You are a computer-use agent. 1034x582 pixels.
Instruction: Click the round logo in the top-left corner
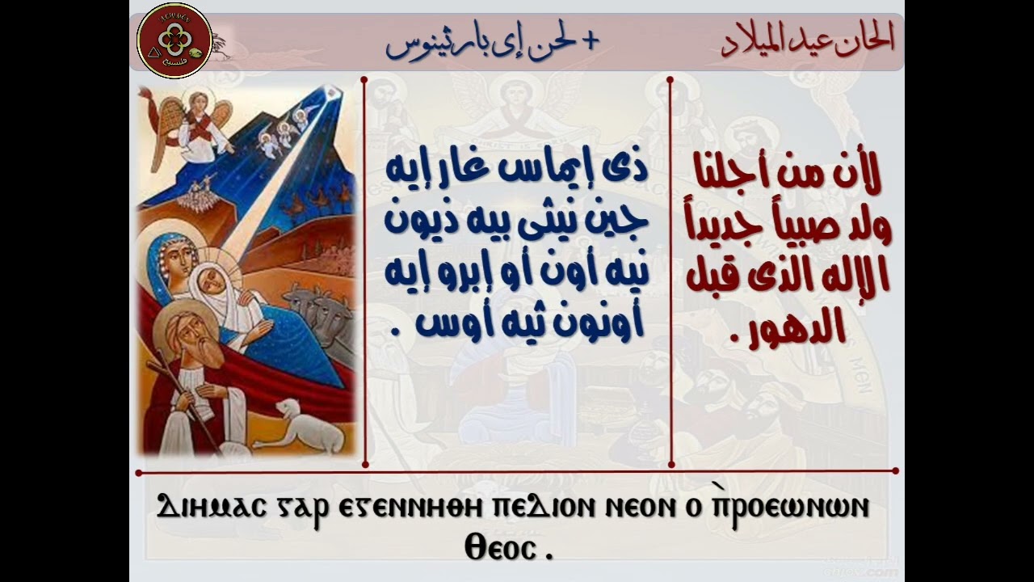[174, 40]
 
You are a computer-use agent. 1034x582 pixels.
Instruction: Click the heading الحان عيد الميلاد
[808, 40]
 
